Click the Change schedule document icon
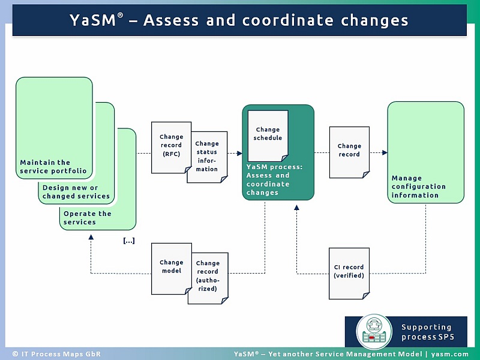click(268, 134)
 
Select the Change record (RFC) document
click(171, 146)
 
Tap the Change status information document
click(207, 157)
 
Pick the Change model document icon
click(171, 268)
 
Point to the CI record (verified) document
click(349, 272)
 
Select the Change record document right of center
click(349, 151)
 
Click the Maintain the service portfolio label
click(53, 167)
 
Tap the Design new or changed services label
click(76, 192)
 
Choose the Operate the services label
click(88, 218)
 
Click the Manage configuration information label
click(419, 187)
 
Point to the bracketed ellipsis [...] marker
click(128, 241)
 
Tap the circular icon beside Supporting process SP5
click(374, 332)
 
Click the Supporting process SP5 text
click(427, 332)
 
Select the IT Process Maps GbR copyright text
click(47, 354)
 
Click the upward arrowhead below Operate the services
click(91, 236)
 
